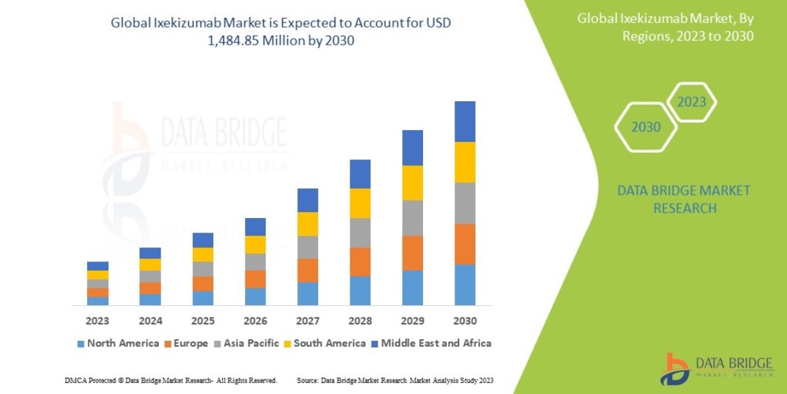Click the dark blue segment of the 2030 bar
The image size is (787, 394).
(465, 121)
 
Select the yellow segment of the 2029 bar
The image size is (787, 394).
(413, 183)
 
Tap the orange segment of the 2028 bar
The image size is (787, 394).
(360, 261)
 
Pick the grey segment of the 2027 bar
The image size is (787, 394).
(308, 247)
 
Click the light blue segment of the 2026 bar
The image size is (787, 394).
(255, 297)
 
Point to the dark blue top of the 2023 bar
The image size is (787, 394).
(98, 266)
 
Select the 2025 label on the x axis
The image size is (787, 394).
(203, 322)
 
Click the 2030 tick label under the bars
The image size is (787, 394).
(465, 322)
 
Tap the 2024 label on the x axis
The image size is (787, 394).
(150, 322)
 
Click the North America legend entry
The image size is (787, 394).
(118, 343)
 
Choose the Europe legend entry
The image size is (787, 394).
(186, 343)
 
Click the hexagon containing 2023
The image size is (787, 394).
(691, 102)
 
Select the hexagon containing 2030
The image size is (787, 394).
(646, 127)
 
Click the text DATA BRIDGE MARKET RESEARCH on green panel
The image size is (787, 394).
(684, 199)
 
